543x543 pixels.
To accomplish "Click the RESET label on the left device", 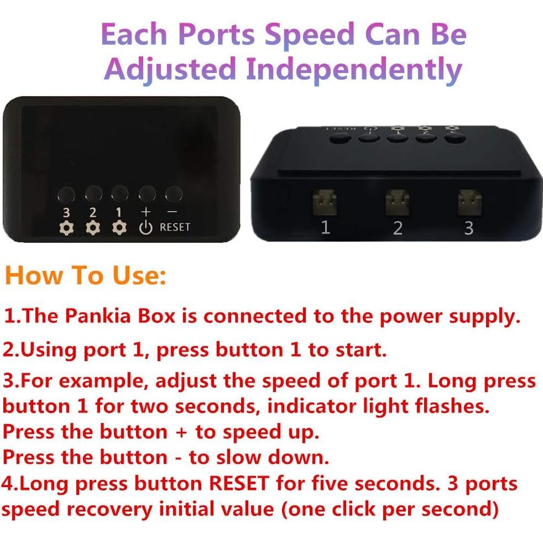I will (175, 227).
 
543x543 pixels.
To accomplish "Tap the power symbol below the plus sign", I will (145, 227).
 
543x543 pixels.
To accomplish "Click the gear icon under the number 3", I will (66, 227).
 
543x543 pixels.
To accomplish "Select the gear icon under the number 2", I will (92, 227).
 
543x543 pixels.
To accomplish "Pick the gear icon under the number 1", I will (118, 227).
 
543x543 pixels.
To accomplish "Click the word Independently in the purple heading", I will (353, 70).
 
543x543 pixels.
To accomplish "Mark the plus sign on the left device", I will (145, 212).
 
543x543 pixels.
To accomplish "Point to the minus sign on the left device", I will (173, 212).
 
